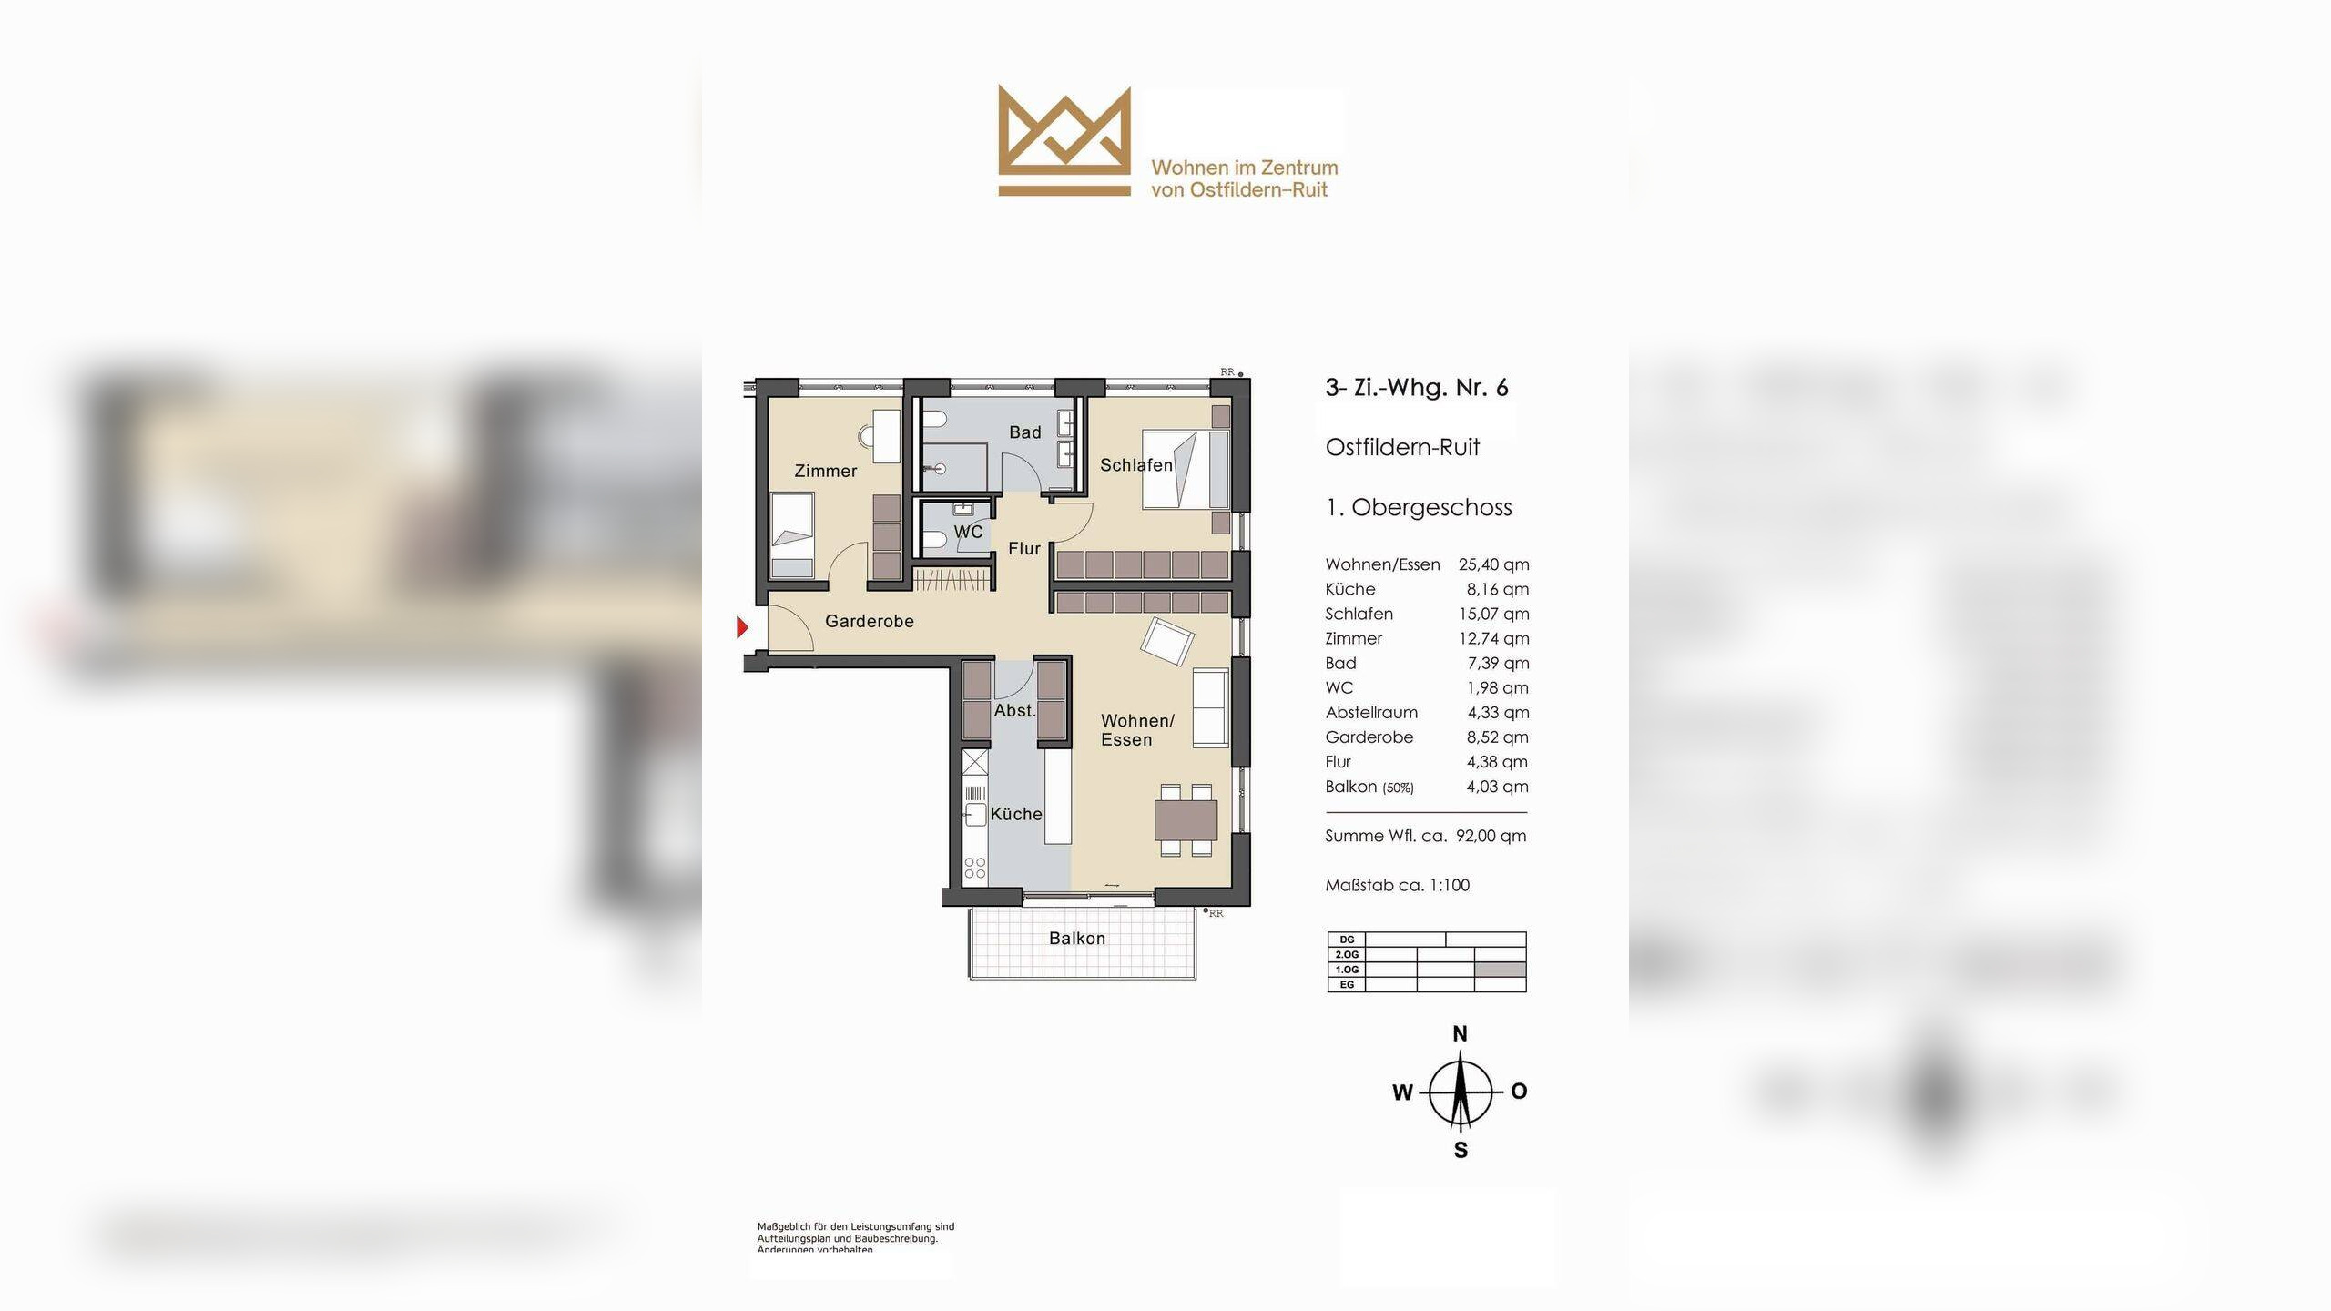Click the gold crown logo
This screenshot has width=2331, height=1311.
1064,142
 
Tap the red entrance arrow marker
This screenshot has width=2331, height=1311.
742,627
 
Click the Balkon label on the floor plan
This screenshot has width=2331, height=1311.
1076,939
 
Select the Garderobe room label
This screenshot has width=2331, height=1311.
869,621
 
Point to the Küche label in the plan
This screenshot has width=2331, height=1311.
1015,814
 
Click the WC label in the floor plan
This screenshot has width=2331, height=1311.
968,532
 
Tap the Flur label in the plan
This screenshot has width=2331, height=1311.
1023,549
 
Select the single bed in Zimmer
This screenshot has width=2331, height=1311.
792,536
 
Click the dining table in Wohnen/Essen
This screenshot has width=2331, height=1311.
1186,819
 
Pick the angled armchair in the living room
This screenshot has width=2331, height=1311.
1166,642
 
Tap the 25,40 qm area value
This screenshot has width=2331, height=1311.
1493,564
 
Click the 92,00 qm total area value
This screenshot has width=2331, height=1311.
1491,836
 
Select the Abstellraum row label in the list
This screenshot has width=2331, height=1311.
1371,713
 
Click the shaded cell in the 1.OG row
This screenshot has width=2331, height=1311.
1500,970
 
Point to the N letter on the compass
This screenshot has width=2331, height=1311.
1460,1034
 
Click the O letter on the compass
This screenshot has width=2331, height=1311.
1518,1091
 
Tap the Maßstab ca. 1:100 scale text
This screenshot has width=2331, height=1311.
1397,885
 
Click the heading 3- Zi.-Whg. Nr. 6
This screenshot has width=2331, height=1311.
1416,388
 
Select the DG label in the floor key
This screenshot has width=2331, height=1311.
1347,940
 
